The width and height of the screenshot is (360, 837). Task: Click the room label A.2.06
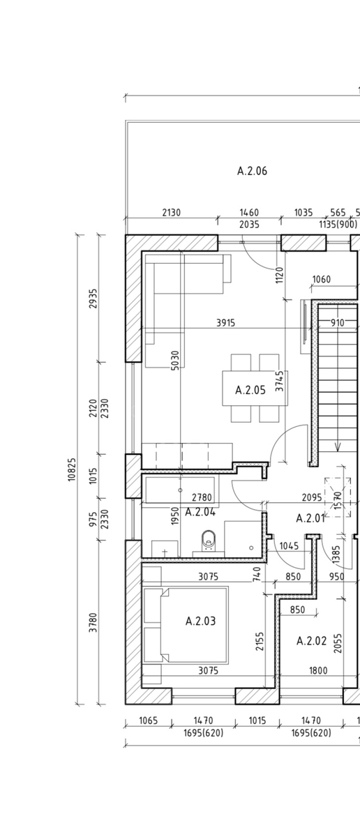click(x=252, y=171)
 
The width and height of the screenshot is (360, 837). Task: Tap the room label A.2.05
click(x=250, y=390)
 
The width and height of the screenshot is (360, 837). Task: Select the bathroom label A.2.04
click(x=200, y=512)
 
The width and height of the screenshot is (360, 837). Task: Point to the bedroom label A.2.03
click(x=200, y=621)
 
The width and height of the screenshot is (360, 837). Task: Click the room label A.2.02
click(x=311, y=641)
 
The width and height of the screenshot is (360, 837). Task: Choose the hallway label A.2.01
click(x=310, y=518)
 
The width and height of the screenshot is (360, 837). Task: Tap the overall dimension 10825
click(x=72, y=469)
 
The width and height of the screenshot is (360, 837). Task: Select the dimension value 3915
click(x=226, y=322)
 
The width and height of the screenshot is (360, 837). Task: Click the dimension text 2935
click(x=93, y=299)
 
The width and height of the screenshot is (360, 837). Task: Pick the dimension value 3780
click(x=93, y=622)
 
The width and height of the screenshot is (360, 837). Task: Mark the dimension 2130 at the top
click(x=171, y=213)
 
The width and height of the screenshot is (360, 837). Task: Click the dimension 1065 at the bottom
click(x=149, y=720)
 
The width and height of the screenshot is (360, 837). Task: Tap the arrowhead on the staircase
click(x=338, y=446)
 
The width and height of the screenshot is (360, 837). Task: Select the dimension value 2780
click(x=202, y=497)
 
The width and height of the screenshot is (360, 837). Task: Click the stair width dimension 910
click(x=337, y=322)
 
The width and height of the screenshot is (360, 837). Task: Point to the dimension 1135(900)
click(x=338, y=225)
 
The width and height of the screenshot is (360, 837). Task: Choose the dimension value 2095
click(x=312, y=497)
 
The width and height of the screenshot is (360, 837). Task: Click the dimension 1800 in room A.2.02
click(x=318, y=670)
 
